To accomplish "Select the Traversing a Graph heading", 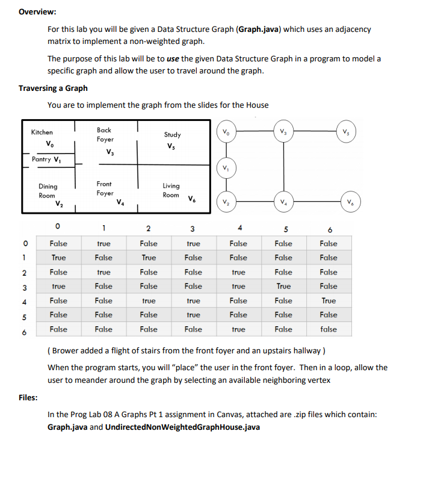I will pyautogui.click(x=53, y=88).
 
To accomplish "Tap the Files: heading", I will pyautogui.click(x=28, y=398).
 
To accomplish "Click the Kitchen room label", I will pyautogui.click(x=42, y=132).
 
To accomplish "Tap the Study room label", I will pyautogui.click(x=172, y=135).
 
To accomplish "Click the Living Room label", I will pyautogui.click(x=171, y=190).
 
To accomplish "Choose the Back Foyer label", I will pyautogui.click(x=104, y=135).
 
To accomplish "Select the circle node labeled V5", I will pyautogui.click(x=345, y=132).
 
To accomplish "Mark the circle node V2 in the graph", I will pyautogui.click(x=225, y=202).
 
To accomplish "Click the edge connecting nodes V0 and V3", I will pyautogui.click(x=253, y=132).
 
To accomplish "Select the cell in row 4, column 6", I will pyautogui.click(x=329, y=300).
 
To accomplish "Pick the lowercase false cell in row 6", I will pyautogui.click(x=329, y=329).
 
